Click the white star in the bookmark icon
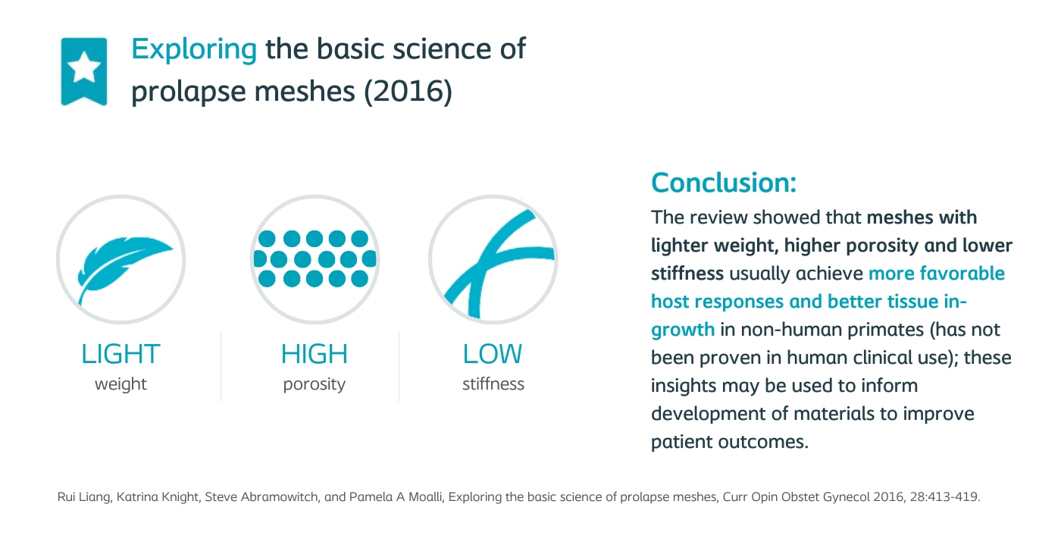click(84, 67)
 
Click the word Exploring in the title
click(194, 49)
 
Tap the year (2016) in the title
click(408, 91)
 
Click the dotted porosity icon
click(315, 258)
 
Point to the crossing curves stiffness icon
click(497, 264)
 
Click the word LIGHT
click(120, 354)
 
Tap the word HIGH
click(315, 354)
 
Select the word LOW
click(493, 354)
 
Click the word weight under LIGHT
click(120, 384)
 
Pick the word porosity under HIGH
click(315, 384)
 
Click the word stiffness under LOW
click(493, 384)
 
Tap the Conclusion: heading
click(724, 183)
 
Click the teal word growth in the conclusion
click(683, 330)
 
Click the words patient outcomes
click(729, 442)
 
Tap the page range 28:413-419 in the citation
click(944, 497)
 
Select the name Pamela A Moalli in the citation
click(395, 497)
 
